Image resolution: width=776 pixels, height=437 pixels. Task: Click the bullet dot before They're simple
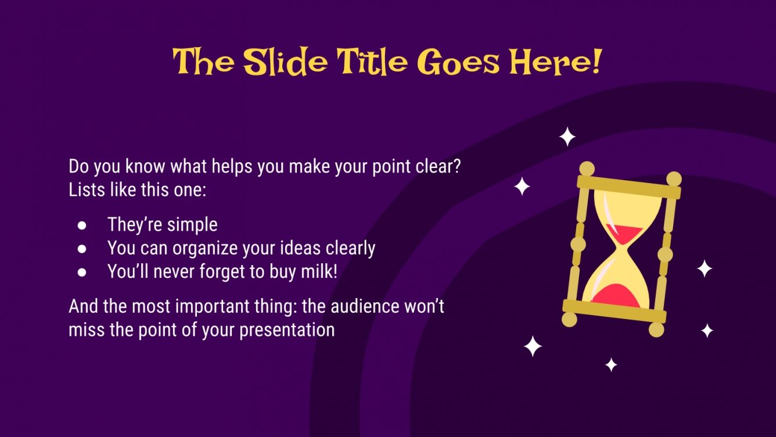[x=82, y=225]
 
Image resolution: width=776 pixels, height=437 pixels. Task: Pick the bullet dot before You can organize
[x=82, y=249]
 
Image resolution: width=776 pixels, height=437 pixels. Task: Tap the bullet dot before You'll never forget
[x=82, y=272]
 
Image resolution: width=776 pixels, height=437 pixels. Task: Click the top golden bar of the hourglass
[x=628, y=187]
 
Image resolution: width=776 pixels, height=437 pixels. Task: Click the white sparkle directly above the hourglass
[x=567, y=137]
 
